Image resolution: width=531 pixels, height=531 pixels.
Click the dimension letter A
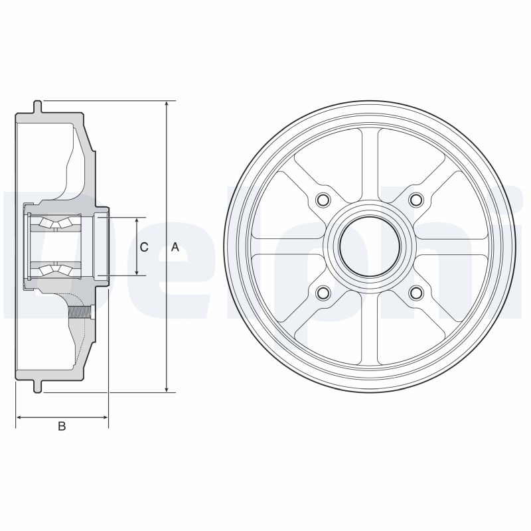click(x=175, y=247)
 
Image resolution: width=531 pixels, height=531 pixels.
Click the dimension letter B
click(x=62, y=427)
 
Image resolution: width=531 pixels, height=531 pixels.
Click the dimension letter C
click(x=144, y=247)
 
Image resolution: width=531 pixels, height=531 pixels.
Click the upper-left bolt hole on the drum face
click(x=323, y=200)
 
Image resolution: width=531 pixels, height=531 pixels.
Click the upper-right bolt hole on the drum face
click(x=416, y=200)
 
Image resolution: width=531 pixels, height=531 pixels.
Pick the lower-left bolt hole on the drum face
click(x=323, y=293)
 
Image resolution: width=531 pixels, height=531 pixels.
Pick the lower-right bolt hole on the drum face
click(x=416, y=293)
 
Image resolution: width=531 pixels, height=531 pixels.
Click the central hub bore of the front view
click(x=370, y=246)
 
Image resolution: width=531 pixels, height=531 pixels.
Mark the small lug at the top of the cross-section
click(x=38, y=106)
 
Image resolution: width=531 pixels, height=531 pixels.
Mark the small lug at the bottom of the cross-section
click(x=38, y=386)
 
